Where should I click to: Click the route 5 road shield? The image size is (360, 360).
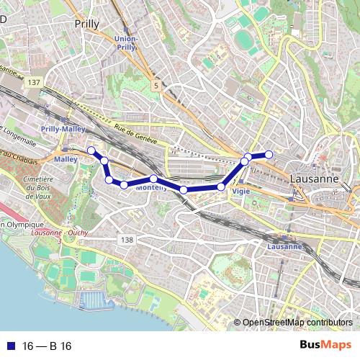pos(155,85)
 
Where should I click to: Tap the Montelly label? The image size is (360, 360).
pos(152,187)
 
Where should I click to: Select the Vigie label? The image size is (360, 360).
pos(241,192)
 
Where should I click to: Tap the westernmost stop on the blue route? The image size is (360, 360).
pos(91,150)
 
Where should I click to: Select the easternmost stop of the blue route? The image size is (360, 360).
pos(269,154)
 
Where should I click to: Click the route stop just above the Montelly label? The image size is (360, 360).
pos(154,179)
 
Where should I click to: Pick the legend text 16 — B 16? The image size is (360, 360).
pos(48,346)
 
